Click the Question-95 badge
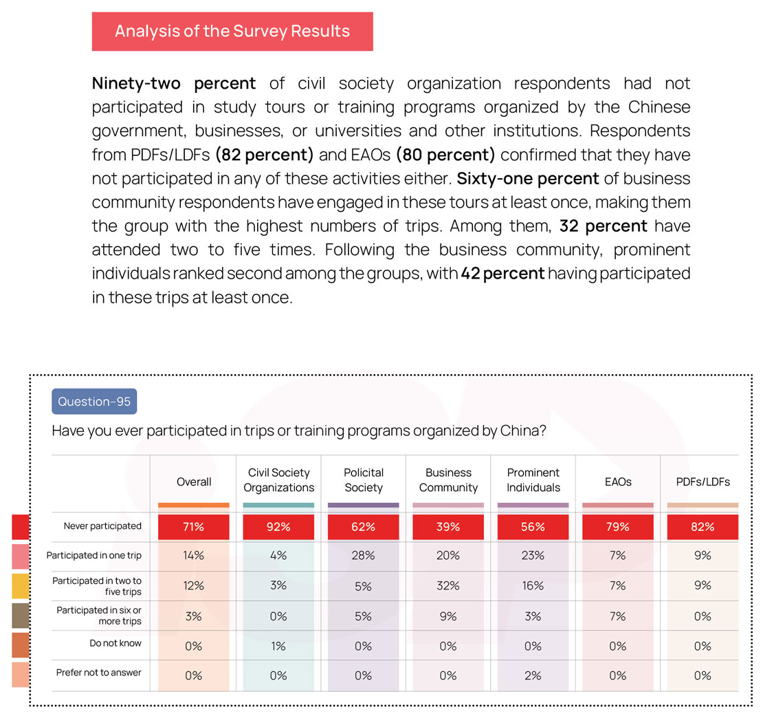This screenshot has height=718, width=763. [x=94, y=402]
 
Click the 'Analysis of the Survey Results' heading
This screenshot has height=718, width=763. [x=232, y=31]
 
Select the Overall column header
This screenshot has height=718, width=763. [x=194, y=481]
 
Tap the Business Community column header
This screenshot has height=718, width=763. [x=448, y=480]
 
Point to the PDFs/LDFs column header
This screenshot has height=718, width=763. [x=703, y=481]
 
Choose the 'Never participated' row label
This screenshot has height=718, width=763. [x=102, y=526]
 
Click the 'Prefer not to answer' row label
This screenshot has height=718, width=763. [x=99, y=672]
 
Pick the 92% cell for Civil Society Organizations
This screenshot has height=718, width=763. [x=278, y=527]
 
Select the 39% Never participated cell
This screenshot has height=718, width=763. [x=448, y=527]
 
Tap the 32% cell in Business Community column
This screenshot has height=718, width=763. [x=448, y=586]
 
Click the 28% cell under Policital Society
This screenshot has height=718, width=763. [x=364, y=556]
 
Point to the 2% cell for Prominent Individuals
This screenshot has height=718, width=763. [x=533, y=675]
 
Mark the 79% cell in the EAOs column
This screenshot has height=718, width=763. [x=617, y=527]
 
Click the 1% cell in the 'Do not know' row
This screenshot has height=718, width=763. [x=278, y=646]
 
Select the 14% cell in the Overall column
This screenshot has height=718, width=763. [x=194, y=556]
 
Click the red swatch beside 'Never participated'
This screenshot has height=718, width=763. [x=21, y=527]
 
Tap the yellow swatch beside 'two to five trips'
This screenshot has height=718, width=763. [x=21, y=586]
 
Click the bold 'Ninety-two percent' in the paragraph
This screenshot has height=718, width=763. [x=174, y=84]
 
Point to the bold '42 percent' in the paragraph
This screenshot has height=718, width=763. [x=503, y=274]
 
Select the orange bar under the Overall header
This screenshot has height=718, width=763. [x=194, y=505]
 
